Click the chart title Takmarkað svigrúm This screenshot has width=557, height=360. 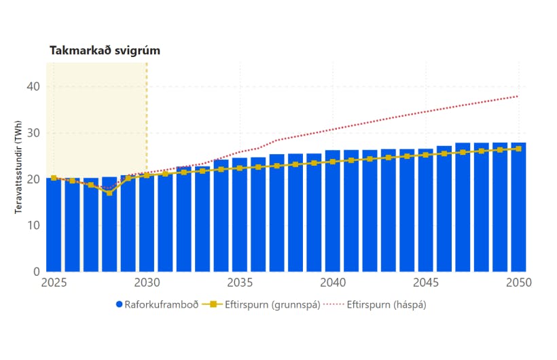(x=105, y=51)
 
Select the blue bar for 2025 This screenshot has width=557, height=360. (x=54, y=224)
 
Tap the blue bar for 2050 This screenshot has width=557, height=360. (x=519, y=207)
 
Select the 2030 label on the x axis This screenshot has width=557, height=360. (x=147, y=282)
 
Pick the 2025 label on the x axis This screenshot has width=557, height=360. (x=54, y=282)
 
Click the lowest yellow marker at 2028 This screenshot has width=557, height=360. (x=109, y=193)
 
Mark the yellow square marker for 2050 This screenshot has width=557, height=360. (x=519, y=149)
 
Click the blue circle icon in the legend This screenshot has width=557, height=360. (x=118, y=304)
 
